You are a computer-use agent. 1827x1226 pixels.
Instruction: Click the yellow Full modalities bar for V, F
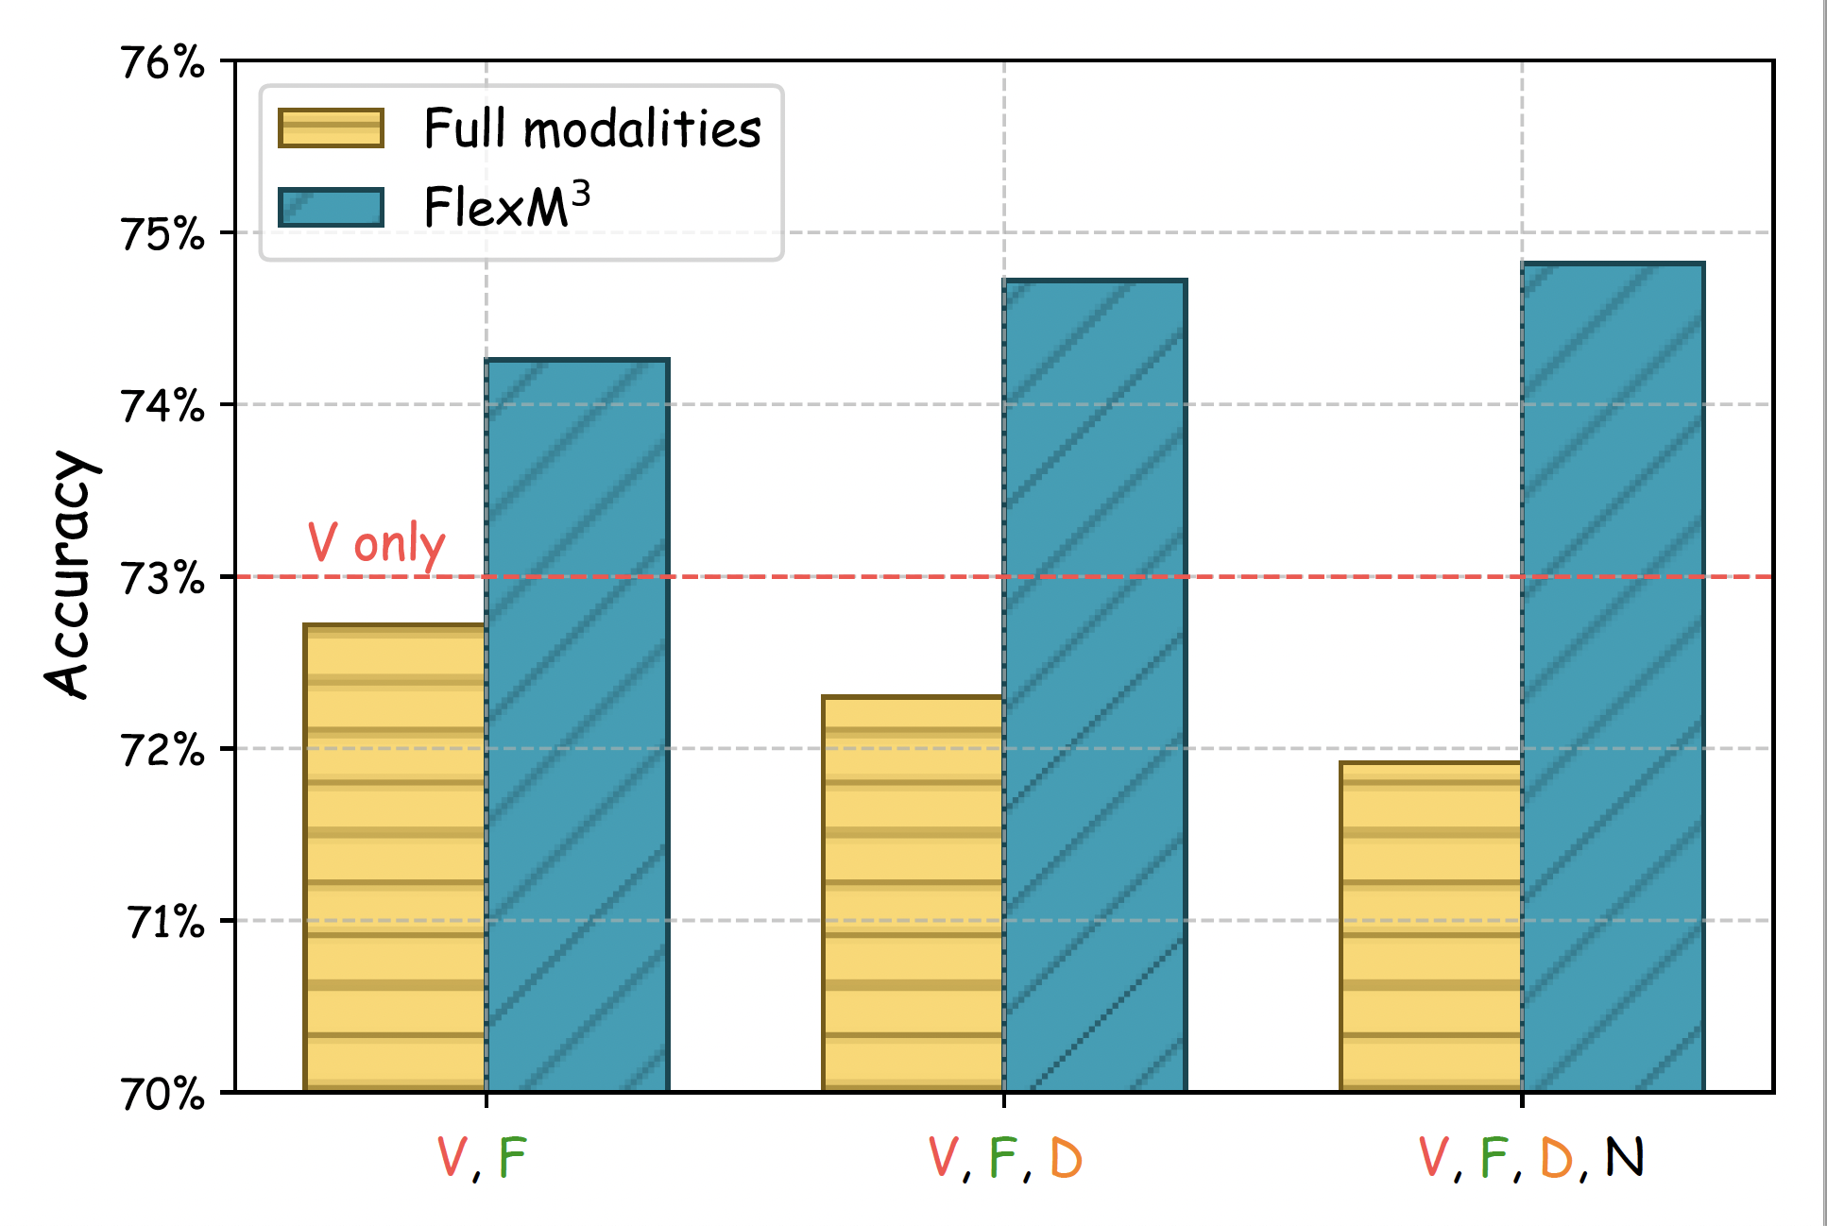point(395,858)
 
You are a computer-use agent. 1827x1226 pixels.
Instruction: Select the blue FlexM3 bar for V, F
point(577,725)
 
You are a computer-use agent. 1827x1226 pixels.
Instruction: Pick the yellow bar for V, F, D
point(913,894)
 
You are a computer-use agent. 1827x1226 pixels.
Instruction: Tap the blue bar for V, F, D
point(1095,686)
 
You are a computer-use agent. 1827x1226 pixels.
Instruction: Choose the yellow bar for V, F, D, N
point(1430,927)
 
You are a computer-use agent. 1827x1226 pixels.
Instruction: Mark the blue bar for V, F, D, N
point(1613,677)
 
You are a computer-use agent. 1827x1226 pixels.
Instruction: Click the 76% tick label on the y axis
point(163,63)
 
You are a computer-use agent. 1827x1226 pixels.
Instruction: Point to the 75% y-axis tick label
point(163,234)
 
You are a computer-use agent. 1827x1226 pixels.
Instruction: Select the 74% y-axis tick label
point(163,406)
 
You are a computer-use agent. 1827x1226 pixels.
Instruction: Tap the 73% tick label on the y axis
point(163,578)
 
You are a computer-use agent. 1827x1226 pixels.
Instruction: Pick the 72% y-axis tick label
point(163,750)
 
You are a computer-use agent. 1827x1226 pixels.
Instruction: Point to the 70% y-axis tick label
point(163,1094)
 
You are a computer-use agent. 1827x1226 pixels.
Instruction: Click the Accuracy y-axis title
point(72,574)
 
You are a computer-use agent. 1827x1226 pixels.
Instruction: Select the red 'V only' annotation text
point(376,544)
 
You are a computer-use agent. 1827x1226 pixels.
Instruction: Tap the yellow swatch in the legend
point(331,128)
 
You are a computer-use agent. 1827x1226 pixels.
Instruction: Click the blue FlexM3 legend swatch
point(331,207)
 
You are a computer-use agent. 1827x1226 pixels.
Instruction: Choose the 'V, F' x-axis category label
point(482,1158)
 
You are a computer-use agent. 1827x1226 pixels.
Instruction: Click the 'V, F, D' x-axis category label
point(1004,1158)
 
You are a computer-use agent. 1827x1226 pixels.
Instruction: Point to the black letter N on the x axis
point(1625,1156)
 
